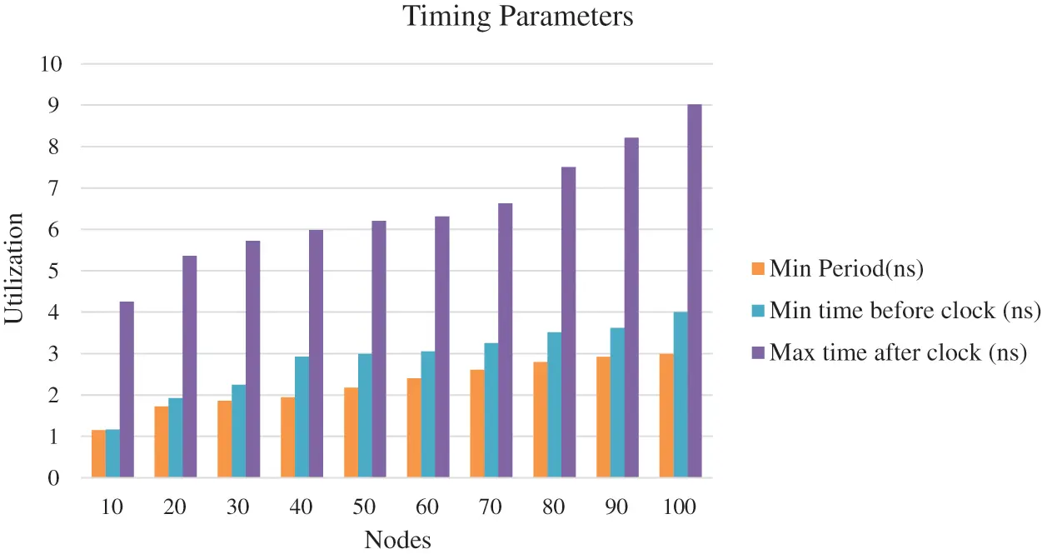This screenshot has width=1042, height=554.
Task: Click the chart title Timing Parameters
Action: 518,17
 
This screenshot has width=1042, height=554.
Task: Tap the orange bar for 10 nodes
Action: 98,454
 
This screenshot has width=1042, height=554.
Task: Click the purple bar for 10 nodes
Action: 127,389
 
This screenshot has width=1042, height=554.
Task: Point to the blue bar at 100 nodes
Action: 681,395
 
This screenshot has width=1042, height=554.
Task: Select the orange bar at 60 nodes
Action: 414,428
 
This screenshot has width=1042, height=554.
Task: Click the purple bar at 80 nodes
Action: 568,322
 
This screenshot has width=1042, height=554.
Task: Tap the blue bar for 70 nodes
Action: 491,410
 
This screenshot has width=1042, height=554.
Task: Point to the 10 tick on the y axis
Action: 49,64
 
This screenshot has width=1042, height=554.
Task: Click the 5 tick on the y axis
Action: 54,272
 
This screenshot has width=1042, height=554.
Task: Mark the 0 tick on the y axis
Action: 54,478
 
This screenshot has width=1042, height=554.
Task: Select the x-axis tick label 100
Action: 681,507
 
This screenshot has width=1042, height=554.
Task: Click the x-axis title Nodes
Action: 397,540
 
